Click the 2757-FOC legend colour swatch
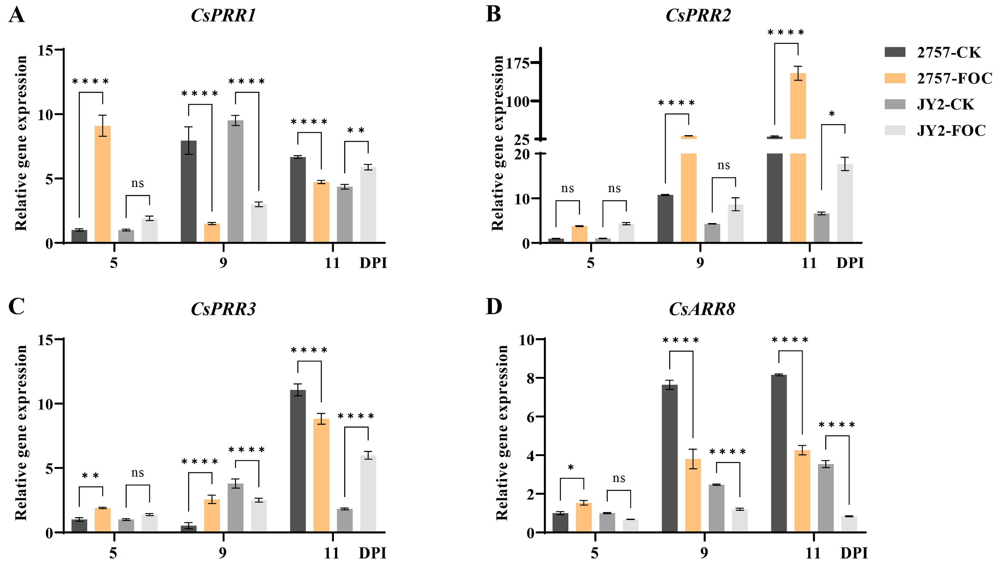895,78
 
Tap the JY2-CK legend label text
945,105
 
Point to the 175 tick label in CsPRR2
518,63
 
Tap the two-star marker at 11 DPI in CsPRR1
356,130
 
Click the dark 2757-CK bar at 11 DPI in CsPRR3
298,461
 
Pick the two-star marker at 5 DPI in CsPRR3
90,476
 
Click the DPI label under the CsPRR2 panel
850,263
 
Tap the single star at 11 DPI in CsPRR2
832,114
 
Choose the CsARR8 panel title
702,309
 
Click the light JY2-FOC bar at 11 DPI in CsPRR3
368,494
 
